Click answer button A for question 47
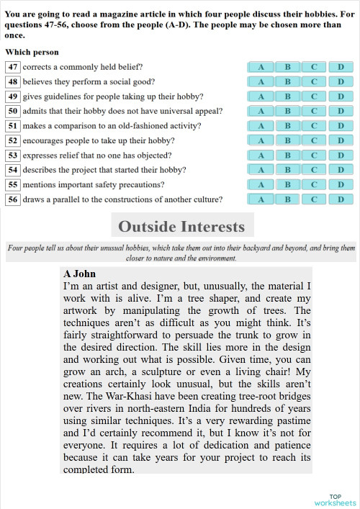[261, 67]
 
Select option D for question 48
[341, 81]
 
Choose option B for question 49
[287, 96]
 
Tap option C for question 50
[314, 111]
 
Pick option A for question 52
[261, 140]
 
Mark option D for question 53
[341, 155]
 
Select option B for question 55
[287, 184]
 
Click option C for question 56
[314, 199]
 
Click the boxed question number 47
[12, 67]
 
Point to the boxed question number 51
[12, 126]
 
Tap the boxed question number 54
[12, 170]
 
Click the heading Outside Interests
[181, 227]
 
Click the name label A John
[79, 274]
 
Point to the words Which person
[32, 52]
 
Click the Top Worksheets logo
[335, 500]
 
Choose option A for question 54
[261, 170]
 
